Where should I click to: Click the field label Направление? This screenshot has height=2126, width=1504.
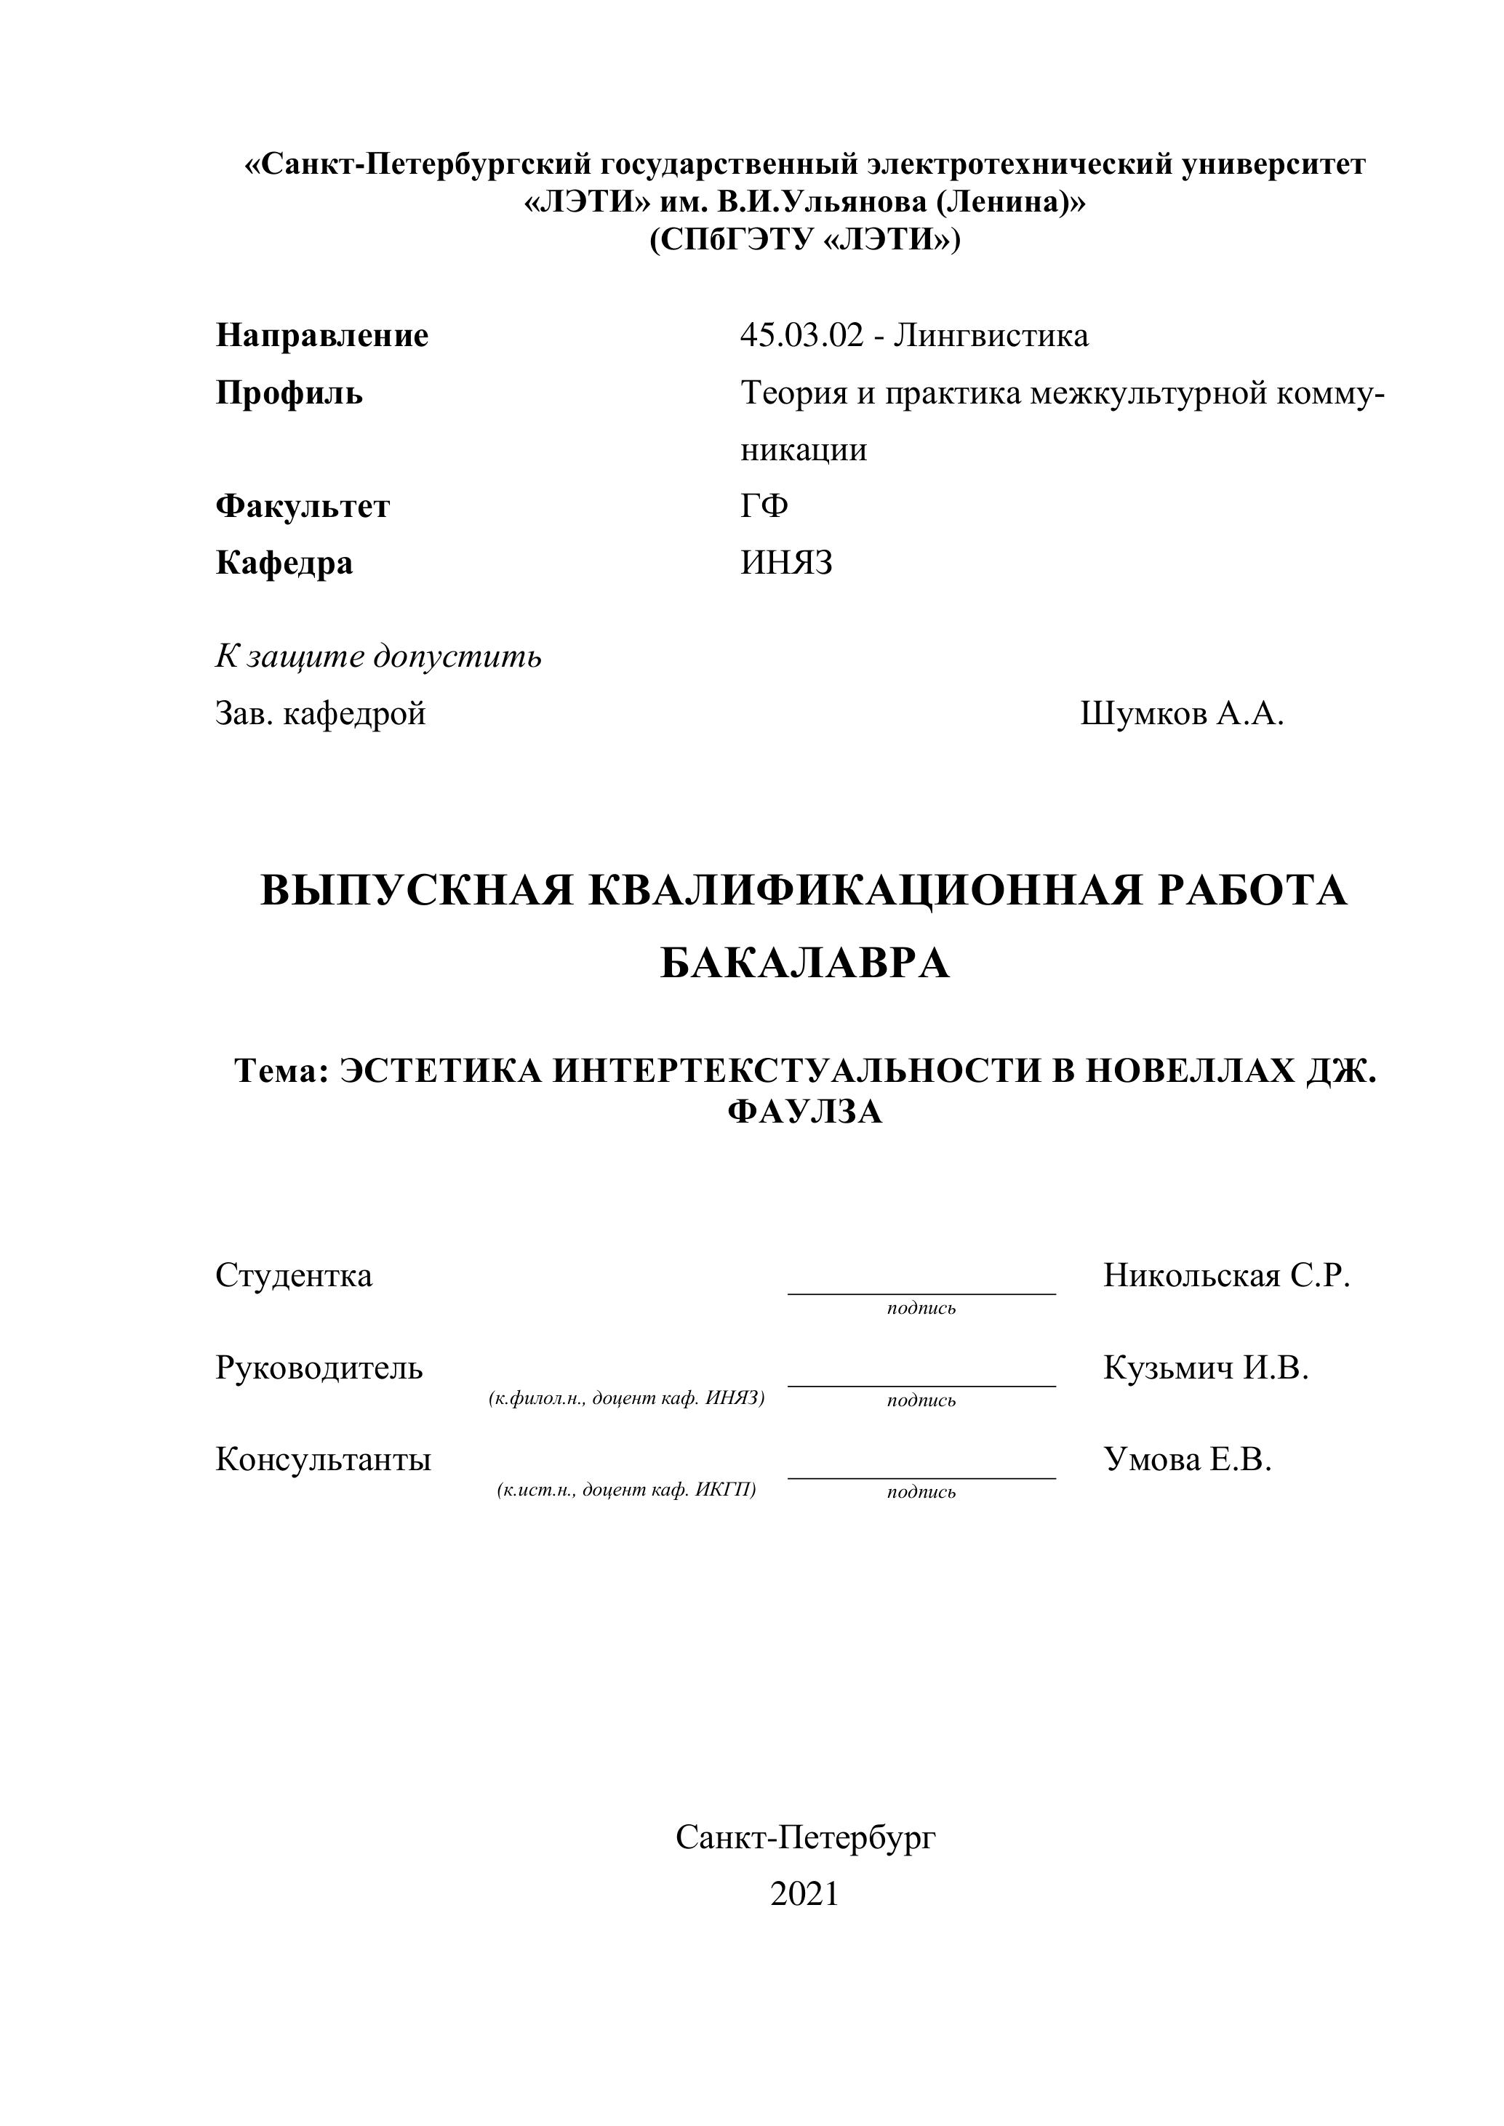tap(322, 335)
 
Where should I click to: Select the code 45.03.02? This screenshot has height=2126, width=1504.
tap(801, 335)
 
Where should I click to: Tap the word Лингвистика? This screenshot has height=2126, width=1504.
tap(992, 335)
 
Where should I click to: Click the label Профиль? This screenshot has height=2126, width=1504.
tap(289, 393)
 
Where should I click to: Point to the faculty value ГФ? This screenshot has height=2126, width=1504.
tap(764, 507)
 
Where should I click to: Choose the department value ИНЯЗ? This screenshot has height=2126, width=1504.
tap(786, 563)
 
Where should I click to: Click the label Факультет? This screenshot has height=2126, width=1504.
tap(303, 507)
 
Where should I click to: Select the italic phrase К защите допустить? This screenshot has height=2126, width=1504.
tap(379, 657)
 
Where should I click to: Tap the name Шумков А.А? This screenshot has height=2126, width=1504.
tap(1182, 714)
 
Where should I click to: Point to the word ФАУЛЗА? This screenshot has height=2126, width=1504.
tap(805, 1111)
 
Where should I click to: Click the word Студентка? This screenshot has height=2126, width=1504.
tap(294, 1276)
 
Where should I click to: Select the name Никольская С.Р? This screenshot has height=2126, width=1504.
tap(1226, 1276)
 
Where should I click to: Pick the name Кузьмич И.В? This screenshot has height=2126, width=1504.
tap(1206, 1368)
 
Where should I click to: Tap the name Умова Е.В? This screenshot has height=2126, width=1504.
tap(1187, 1460)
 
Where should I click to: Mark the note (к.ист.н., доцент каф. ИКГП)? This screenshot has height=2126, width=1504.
tap(627, 1490)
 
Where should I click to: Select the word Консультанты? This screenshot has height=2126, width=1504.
tap(323, 1460)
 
